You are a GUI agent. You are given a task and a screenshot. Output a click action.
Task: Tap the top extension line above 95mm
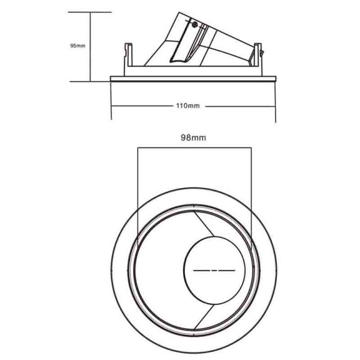pos(99,12)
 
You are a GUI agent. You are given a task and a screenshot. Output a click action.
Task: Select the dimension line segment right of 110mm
pos(239,105)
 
